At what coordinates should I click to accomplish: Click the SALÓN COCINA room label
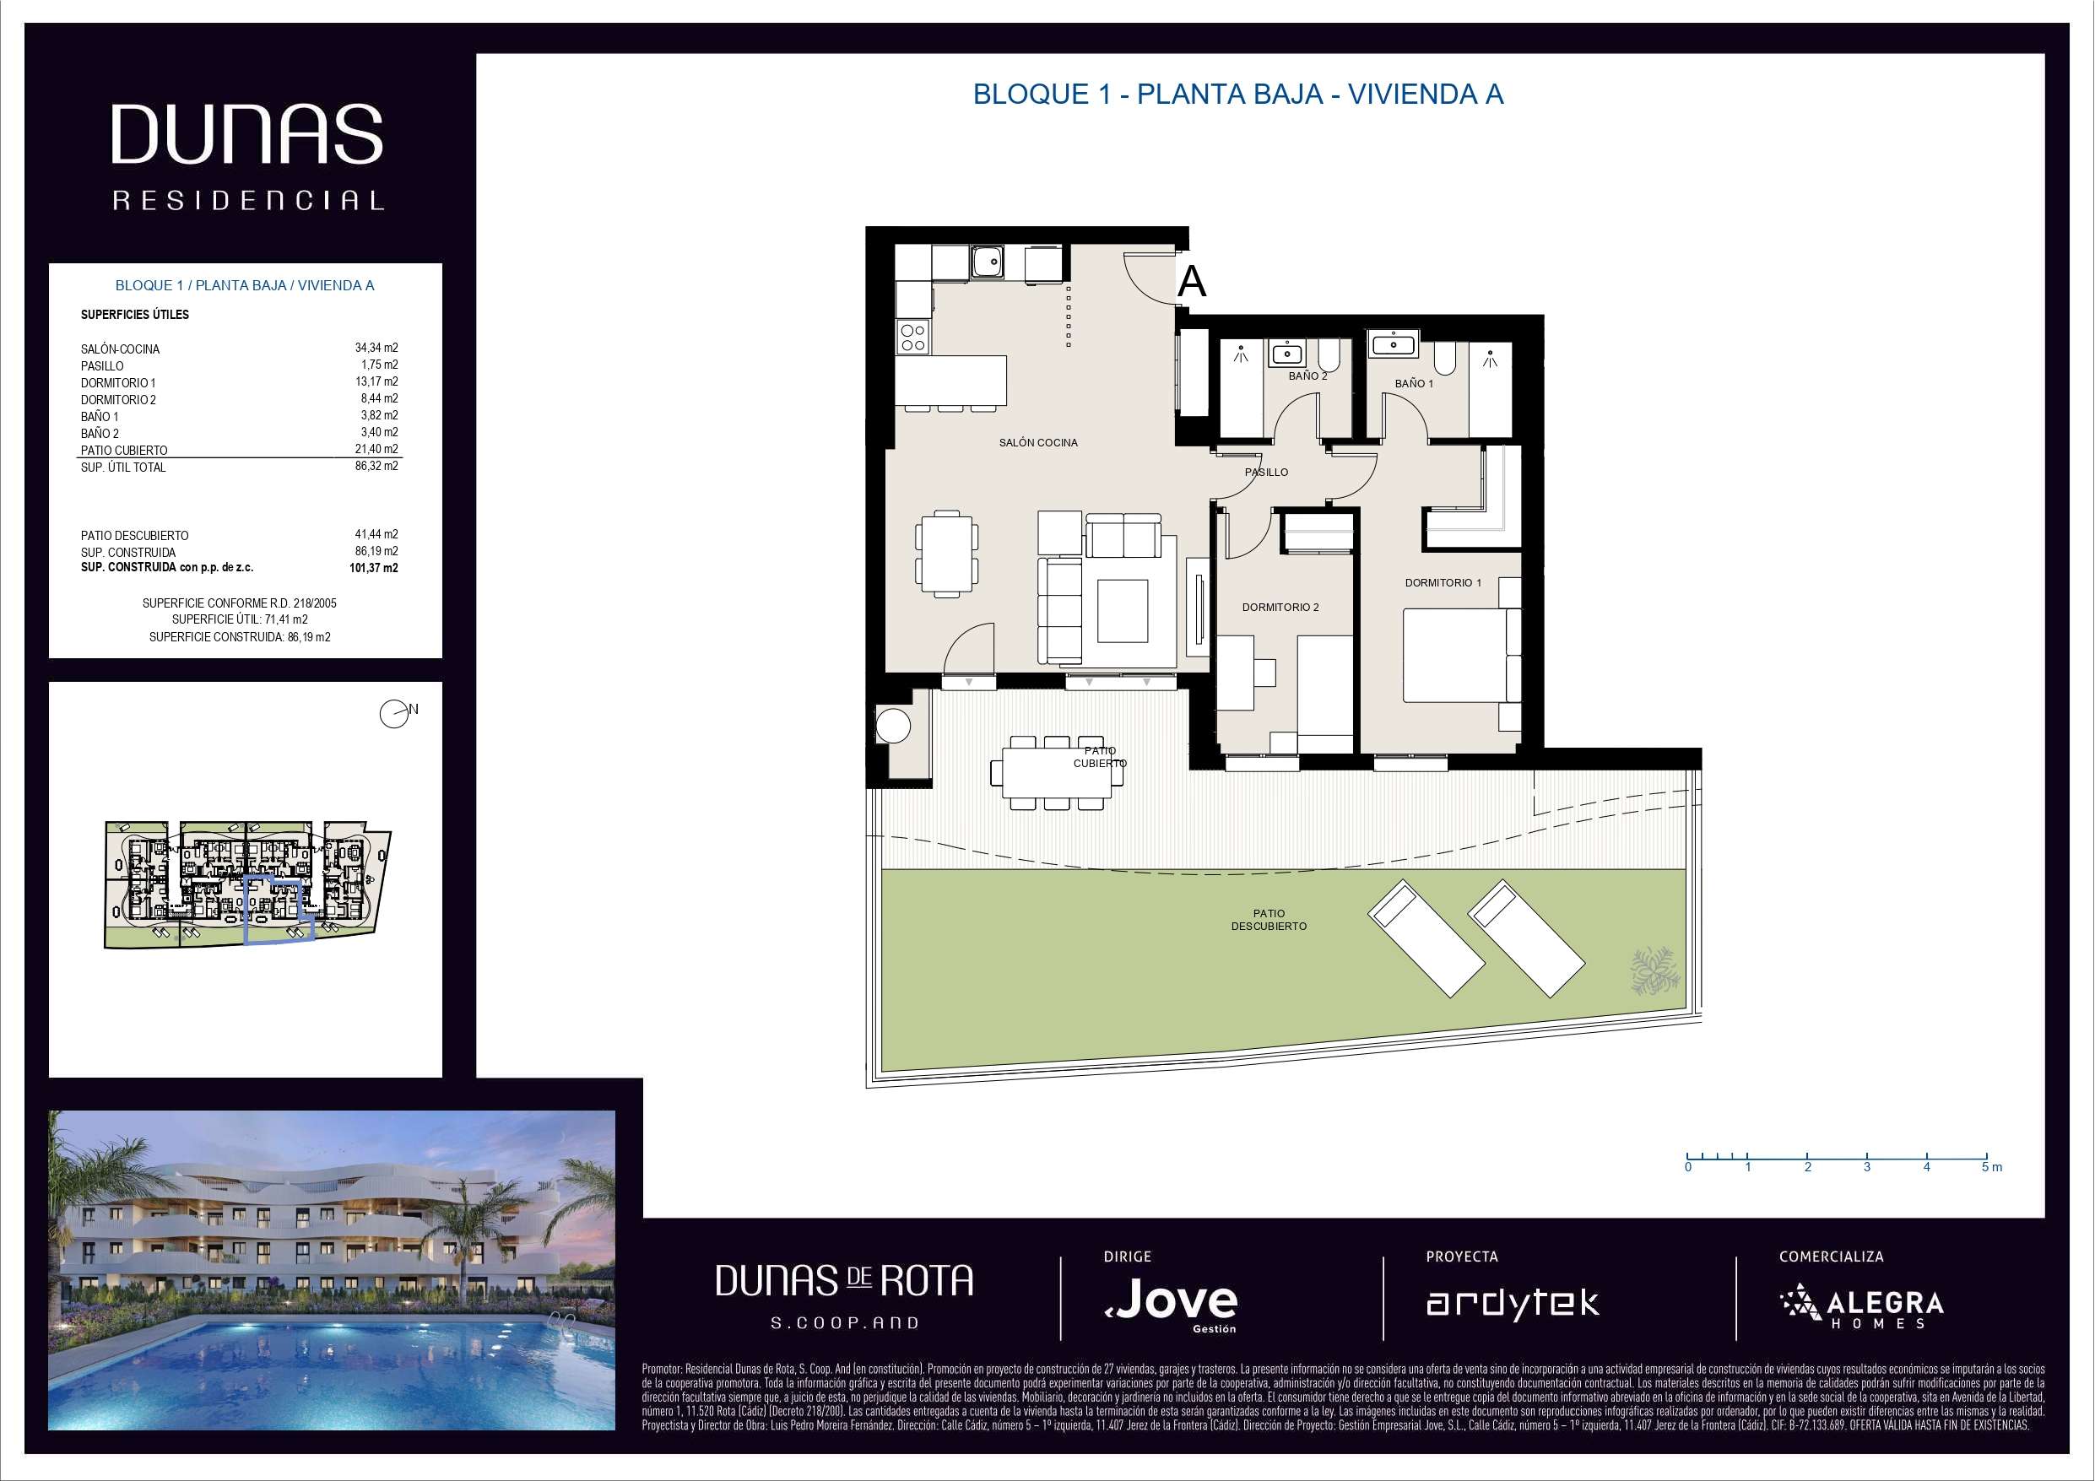(1037, 442)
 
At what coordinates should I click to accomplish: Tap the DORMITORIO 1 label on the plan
(1443, 582)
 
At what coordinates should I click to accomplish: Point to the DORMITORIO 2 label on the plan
(1280, 607)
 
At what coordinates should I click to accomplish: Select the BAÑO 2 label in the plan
(1307, 376)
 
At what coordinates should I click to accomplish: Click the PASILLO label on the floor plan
(1266, 472)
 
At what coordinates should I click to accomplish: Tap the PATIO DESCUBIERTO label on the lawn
(1269, 919)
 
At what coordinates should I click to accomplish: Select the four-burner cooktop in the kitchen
(913, 337)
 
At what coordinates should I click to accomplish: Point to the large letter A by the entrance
(1192, 281)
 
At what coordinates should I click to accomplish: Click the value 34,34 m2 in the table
(376, 348)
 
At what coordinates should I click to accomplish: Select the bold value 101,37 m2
(373, 568)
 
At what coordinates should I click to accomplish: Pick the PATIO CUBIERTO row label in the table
(124, 450)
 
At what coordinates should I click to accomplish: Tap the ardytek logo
(1512, 1303)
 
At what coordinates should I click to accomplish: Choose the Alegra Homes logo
(1861, 1305)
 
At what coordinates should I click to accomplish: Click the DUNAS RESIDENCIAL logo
(247, 157)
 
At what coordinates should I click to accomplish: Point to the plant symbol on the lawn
(1654, 969)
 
